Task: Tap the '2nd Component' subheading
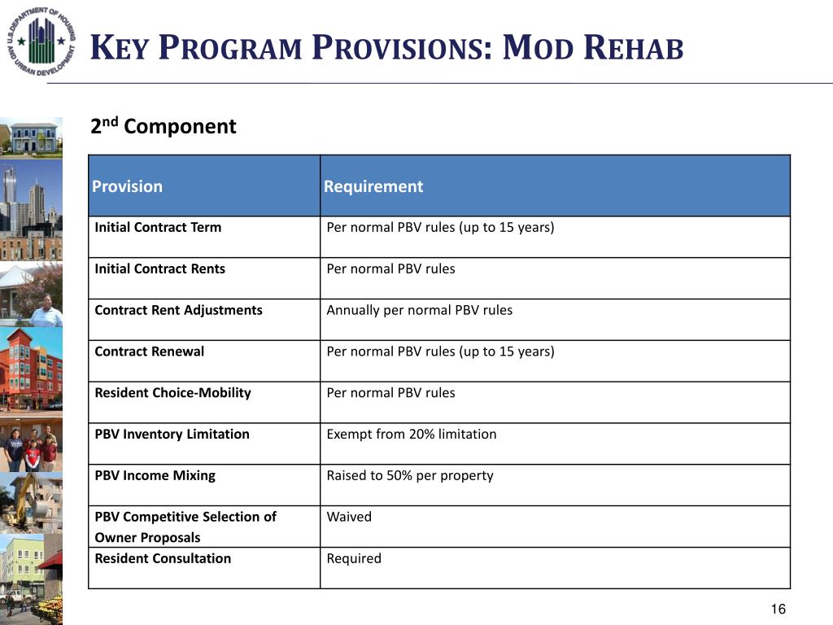point(163,126)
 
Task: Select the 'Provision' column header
point(127,186)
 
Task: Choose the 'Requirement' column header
point(373,186)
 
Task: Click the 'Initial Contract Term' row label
point(158,227)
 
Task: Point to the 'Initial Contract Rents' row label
point(160,269)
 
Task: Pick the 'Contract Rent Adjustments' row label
point(178,310)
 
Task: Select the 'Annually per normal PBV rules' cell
point(419,310)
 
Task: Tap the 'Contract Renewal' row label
point(150,352)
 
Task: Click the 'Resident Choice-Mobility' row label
point(172,393)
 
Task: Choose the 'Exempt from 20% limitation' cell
point(411,435)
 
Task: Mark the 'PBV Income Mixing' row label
point(155,475)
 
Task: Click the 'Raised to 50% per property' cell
point(409,475)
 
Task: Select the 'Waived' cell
point(349,517)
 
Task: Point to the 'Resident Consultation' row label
point(163,558)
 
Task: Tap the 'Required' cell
point(354,558)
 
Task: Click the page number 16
point(778,610)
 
